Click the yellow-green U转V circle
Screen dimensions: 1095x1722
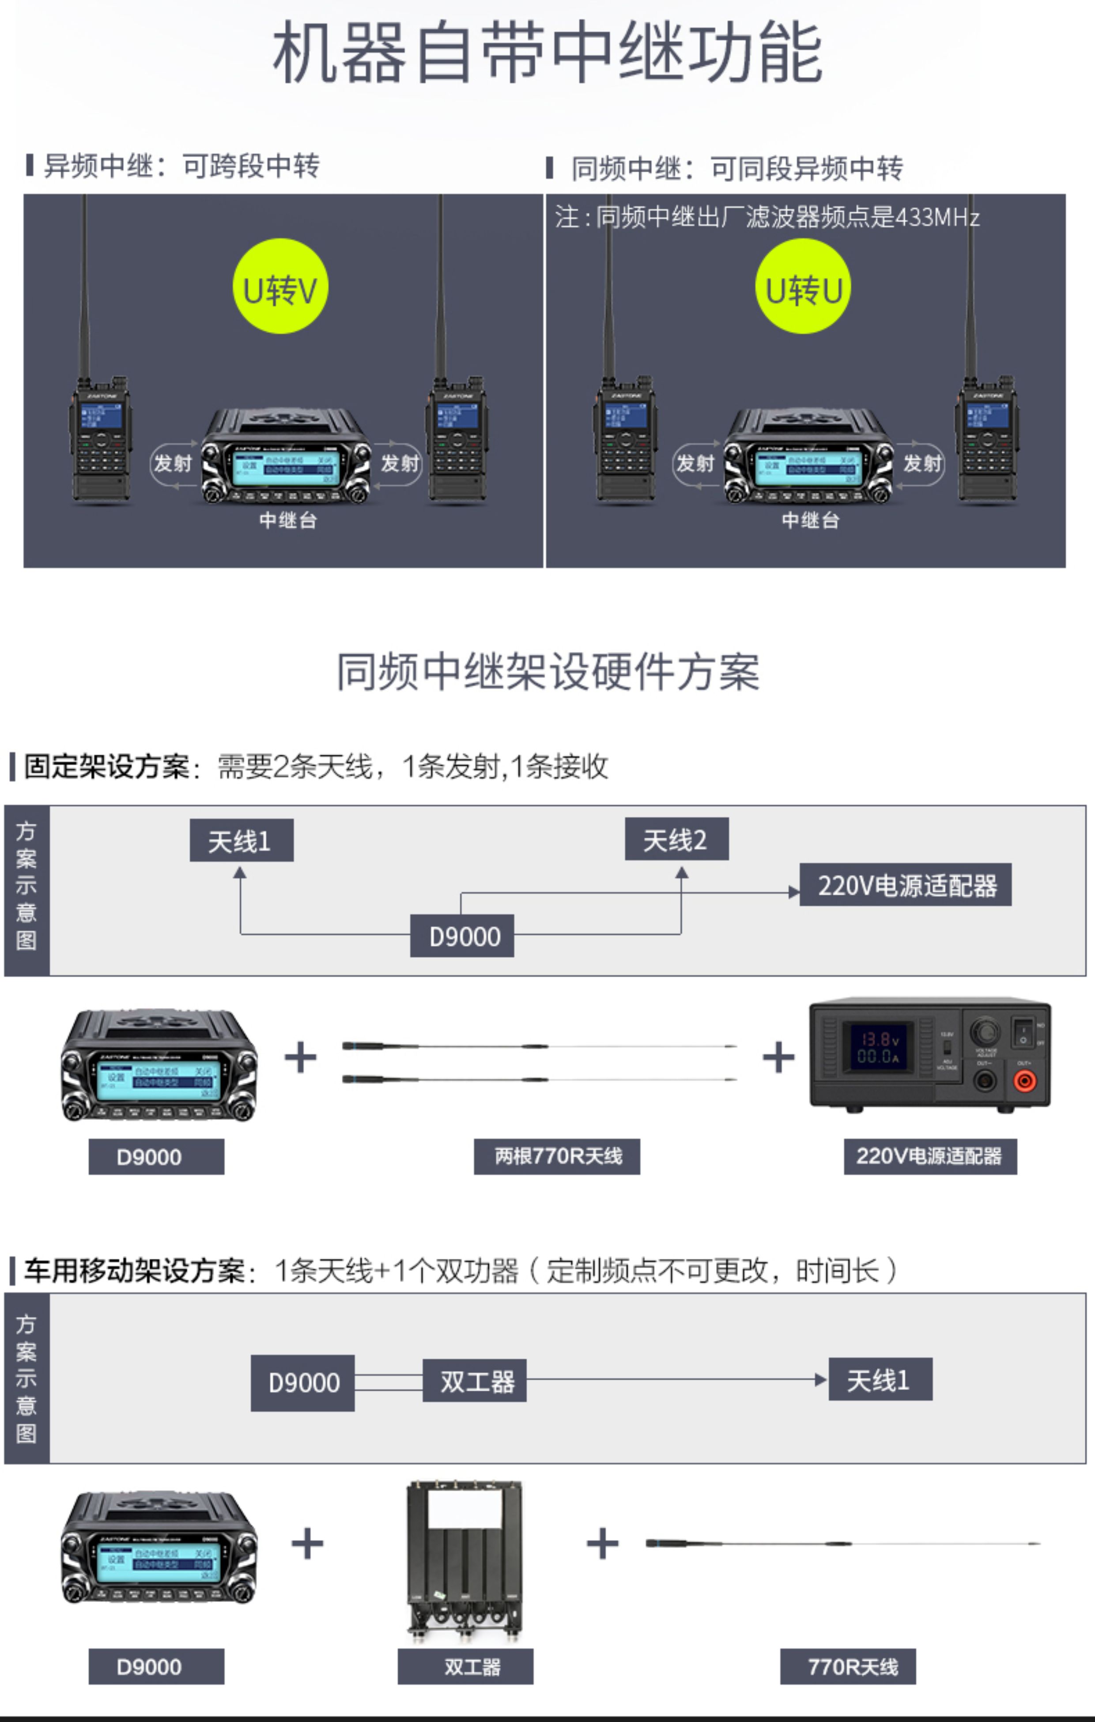tap(280, 286)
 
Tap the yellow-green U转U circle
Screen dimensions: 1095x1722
tap(803, 286)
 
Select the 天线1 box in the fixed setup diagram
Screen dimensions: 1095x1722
tap(241, 840)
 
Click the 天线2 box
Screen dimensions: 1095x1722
tap(676, 839)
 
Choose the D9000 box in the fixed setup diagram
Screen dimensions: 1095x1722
tap(462, 935)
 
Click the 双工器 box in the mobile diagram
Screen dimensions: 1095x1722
tap(474, 1380)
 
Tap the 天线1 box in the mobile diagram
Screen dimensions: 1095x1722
tap(880, 1379)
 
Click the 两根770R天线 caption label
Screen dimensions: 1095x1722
tap(556, 1156)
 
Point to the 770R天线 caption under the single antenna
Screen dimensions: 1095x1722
tap(848, 1667)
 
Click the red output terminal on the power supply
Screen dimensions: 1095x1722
tap(1024, 1080)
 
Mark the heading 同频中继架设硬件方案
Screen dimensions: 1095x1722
tap(548, 672)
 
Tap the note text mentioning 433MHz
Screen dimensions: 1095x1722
tap(766, 217)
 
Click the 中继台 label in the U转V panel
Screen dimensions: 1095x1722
tap(287, 520)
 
